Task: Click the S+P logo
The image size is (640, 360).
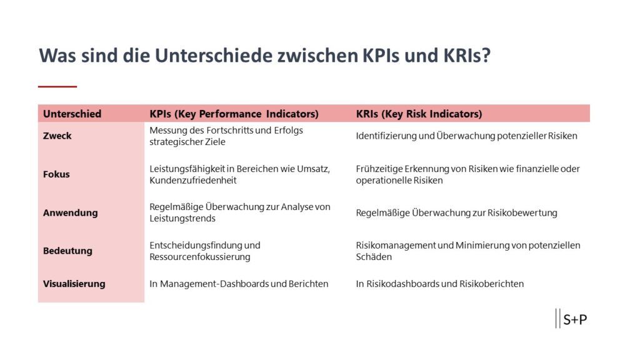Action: tap(571, 319)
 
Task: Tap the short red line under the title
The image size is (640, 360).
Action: tap(57, 86)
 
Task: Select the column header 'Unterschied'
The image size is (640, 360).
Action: tap(72, 114)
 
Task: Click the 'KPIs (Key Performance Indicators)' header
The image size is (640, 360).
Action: tap(234, 114)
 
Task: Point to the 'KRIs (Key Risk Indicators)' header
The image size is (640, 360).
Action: tap(419, 114)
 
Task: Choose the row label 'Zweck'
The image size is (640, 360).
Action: tap(57, 136)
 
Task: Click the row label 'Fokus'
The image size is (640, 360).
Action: tap(56, 174)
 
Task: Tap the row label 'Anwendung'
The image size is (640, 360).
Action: tap(70, 212)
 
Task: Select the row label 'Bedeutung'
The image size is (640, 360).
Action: tap(67, 251)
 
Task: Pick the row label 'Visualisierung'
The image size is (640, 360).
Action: tap(74, 284)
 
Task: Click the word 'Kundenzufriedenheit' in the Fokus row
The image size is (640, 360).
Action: tap(192, 181)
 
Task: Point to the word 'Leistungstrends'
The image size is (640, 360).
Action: tap(182, 218)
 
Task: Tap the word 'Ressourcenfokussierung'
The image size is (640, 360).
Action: tap(199, 257)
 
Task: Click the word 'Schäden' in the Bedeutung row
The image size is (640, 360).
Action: tap(374, 257)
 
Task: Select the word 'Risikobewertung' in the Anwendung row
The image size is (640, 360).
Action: tap(522, 212)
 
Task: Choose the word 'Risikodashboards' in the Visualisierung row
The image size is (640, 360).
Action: tap(403, 284)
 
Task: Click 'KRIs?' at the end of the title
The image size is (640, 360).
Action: tap(467, 56)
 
